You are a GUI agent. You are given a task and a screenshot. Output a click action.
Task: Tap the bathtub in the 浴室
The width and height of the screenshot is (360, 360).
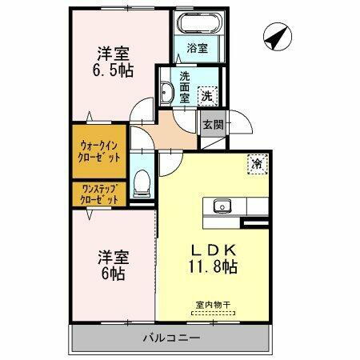(x=198, y=24)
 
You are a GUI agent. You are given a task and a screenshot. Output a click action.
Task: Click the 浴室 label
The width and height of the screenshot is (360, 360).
(x=197, y=48)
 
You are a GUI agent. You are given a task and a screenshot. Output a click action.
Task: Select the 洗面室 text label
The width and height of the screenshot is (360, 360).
(x=185, y=87)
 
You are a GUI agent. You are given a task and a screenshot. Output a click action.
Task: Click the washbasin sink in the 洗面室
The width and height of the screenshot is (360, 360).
(x=166, y=92)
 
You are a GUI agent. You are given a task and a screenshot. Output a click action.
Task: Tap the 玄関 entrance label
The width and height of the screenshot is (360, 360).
(x=213, y=125)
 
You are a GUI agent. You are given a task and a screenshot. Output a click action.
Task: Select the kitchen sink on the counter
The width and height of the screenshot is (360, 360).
(x=222, y=206)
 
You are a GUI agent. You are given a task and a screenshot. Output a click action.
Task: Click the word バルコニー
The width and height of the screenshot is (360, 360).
(x=173, y=338)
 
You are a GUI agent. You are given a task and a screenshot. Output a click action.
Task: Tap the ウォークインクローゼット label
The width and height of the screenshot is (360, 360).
(x=100, y=151)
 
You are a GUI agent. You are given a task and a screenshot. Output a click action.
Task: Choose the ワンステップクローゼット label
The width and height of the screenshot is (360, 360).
(x=100, y=194)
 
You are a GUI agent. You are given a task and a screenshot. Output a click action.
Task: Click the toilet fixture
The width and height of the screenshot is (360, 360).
(x=142, y=183)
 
